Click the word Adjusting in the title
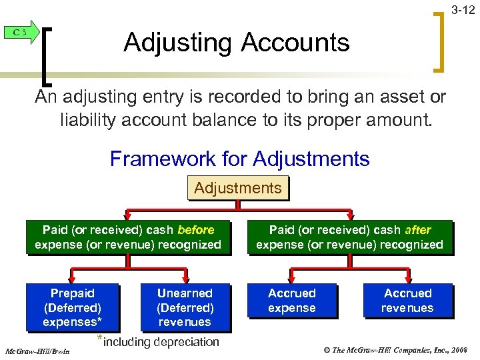179,43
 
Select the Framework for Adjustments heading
239,159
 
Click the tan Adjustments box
238,188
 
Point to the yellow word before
195,230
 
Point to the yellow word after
417,230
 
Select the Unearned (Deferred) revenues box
185,307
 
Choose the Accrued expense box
291,301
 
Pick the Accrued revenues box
407,301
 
